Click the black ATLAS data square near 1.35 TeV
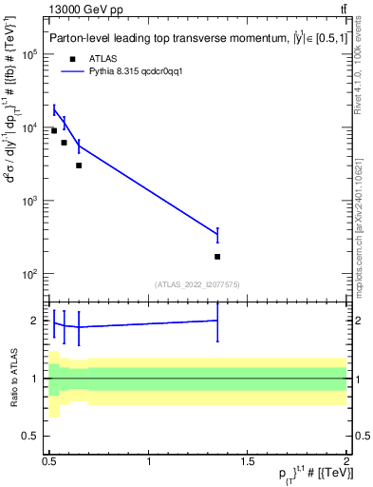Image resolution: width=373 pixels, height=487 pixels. click(217, 257)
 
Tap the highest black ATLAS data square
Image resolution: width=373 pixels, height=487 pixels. click(54, 130)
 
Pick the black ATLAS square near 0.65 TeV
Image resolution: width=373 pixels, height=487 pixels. click(79, 166)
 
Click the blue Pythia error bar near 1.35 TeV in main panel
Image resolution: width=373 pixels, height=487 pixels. click(217, 235)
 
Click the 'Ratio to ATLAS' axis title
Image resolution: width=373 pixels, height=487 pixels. click(13, 379)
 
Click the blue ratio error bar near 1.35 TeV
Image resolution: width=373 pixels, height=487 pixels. click(217, 321)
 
